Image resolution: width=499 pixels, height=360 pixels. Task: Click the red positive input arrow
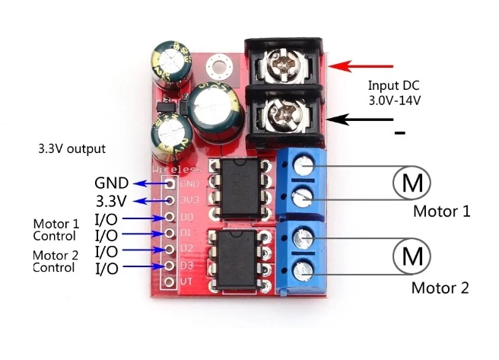click(361, 67)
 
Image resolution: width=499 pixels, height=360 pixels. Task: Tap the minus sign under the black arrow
click(399, 134)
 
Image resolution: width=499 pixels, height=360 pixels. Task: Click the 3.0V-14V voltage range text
click(395, 100)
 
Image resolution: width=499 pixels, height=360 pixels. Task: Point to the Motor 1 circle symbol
click(412, 183)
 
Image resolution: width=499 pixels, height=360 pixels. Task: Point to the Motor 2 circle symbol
click(412, 255)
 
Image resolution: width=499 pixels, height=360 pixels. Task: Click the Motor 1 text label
click(441, 211)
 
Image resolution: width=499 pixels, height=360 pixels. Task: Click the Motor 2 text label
click(440, 288)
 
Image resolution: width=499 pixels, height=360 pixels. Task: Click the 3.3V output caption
click(72, 148)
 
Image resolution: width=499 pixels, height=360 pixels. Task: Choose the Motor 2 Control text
click(56, 262)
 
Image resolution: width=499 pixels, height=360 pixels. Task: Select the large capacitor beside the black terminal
click(217, 113)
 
